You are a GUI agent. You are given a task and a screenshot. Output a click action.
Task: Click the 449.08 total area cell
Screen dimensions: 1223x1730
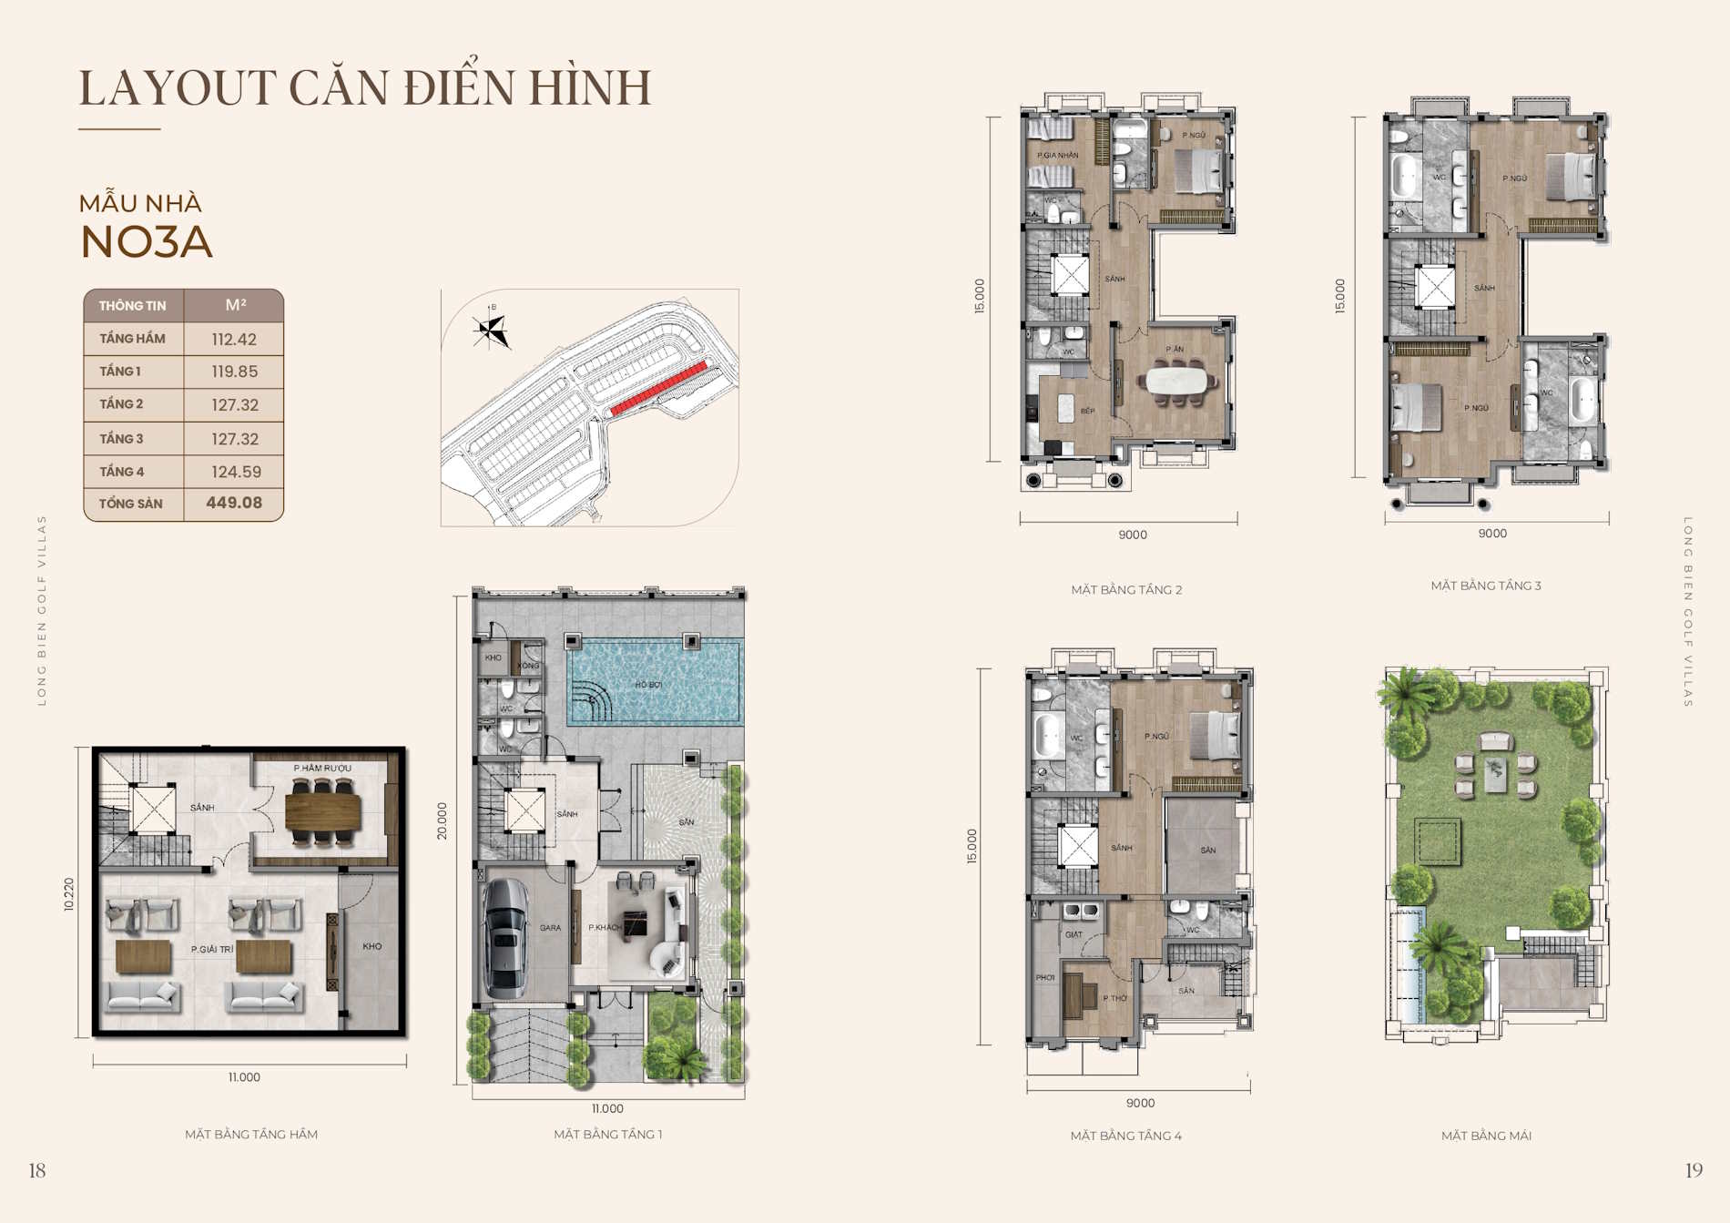coord(234,503)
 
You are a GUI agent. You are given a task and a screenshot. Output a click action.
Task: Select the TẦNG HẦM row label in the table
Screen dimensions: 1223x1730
coord(132,339)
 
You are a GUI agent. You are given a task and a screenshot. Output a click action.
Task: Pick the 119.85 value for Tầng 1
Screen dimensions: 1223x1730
coord(234,372)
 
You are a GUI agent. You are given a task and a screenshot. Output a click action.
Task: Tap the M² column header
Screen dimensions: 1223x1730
coord(235,305)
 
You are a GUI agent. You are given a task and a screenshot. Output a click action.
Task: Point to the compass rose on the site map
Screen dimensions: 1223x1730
coord(491,331)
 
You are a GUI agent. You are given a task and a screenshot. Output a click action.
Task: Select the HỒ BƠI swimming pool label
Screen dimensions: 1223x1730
coord(648,685)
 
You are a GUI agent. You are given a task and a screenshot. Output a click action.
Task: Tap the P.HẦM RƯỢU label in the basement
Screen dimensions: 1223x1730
coord(322,769)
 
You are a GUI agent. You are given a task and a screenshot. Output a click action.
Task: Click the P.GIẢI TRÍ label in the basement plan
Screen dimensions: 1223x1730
coord(212,949)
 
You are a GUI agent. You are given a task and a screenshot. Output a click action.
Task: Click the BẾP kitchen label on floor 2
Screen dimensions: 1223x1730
coord(1087,411)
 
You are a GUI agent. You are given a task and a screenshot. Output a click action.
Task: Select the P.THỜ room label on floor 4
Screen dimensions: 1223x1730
coord(1114,998)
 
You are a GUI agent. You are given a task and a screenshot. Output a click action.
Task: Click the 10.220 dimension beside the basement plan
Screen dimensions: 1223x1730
coord(69,894)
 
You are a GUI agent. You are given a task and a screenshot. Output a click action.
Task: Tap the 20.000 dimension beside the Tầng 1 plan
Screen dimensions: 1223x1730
coord(443,820)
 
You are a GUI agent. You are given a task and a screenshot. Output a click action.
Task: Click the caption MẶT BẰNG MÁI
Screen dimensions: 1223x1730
coord(1486,1136)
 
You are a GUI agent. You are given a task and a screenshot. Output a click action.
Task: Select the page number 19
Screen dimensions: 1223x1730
coord(1693,1170)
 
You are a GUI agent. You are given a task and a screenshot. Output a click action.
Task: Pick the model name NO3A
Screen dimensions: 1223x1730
coord(147,242)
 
